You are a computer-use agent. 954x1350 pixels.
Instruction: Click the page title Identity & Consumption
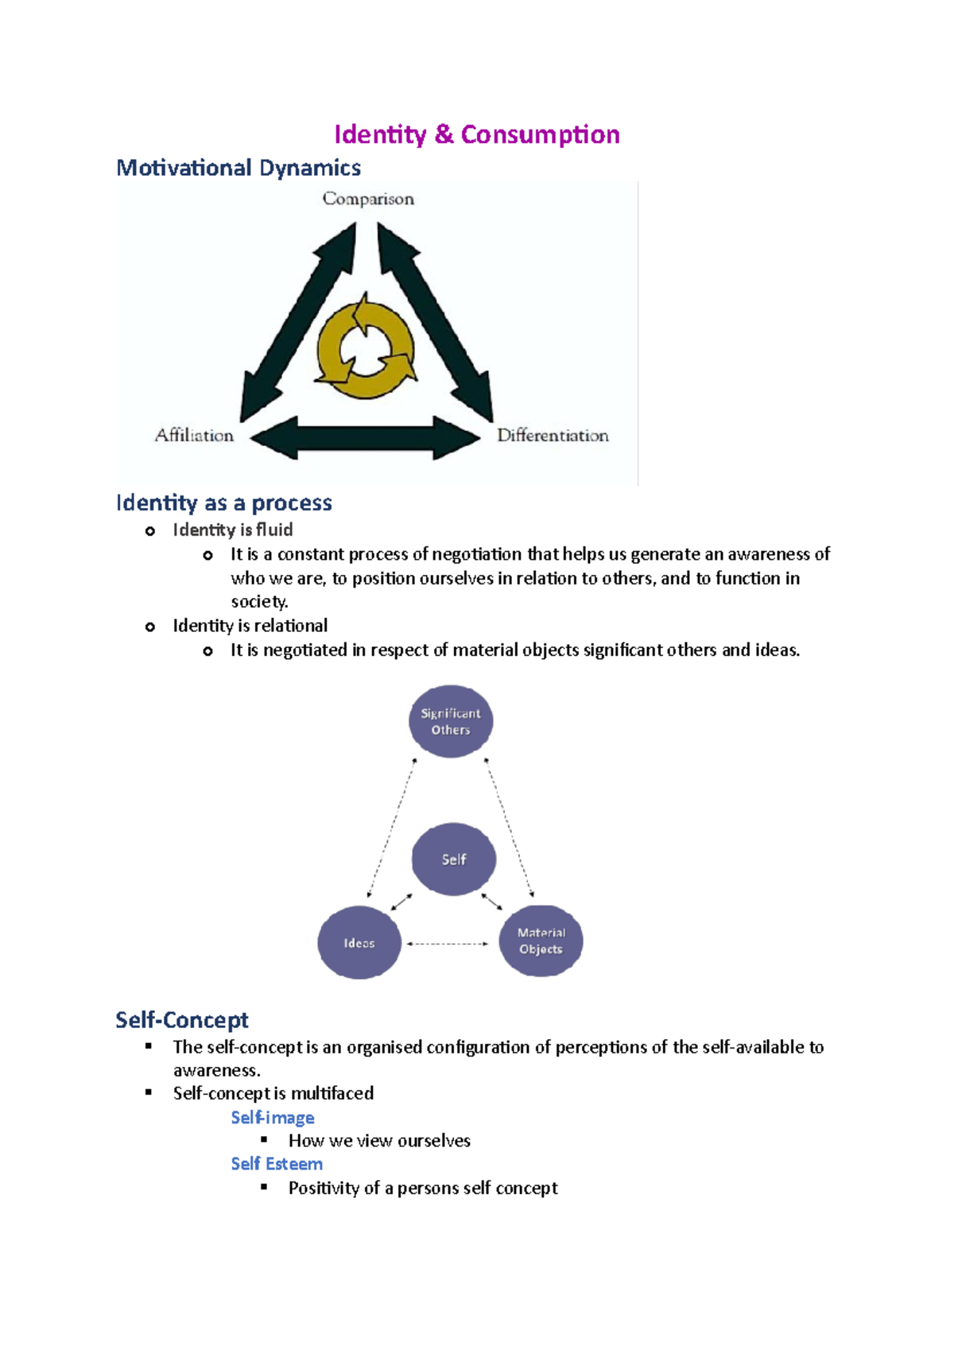[476, 134]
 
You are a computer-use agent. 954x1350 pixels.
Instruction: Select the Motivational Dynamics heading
[238, 168]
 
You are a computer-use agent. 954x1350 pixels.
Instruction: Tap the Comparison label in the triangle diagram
[368, 199]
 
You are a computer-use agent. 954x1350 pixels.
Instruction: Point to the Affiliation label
[195, 435]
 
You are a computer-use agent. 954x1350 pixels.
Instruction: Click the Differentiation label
[553, 435]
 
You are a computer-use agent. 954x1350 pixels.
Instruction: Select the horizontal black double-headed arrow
[366, 438]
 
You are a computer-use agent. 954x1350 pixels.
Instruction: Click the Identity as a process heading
[223, 502]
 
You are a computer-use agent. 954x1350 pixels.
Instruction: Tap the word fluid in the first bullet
[274, 530]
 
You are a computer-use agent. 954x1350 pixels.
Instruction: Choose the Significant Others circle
[451, 721]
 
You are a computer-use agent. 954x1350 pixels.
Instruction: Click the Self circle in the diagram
[454, 859]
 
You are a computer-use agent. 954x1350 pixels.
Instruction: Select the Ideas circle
[359, 943]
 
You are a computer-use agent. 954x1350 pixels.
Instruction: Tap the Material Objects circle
[541, 941]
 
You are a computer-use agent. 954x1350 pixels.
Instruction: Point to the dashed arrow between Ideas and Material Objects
[448, 944]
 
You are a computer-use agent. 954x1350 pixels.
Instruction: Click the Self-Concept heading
[182, 1019]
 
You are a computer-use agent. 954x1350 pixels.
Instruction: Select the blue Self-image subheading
[273, 1118]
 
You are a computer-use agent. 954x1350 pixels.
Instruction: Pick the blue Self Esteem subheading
[277, 1164]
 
